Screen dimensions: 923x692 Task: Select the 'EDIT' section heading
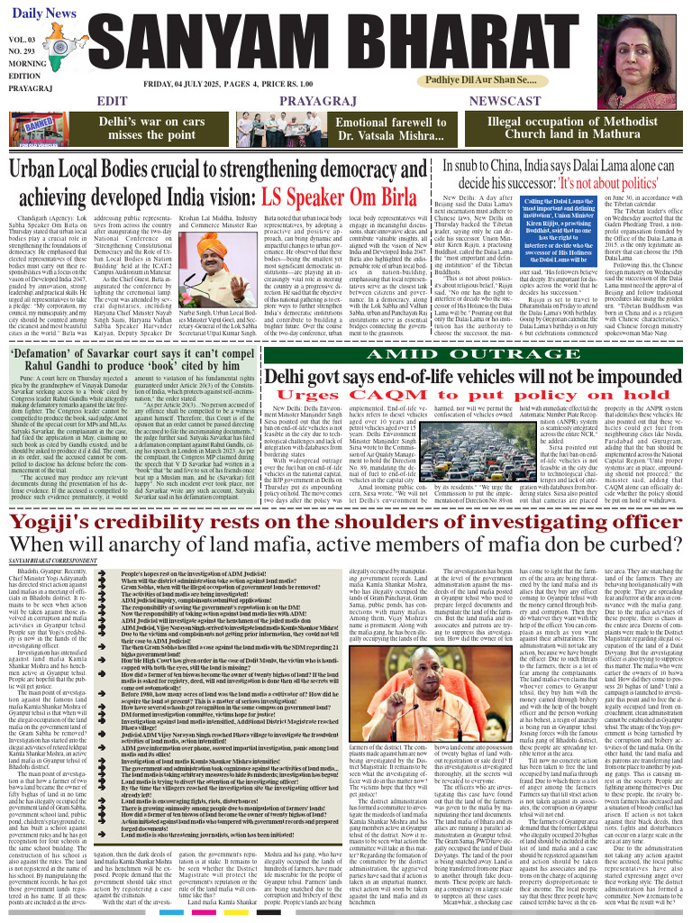click(113, 101)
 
